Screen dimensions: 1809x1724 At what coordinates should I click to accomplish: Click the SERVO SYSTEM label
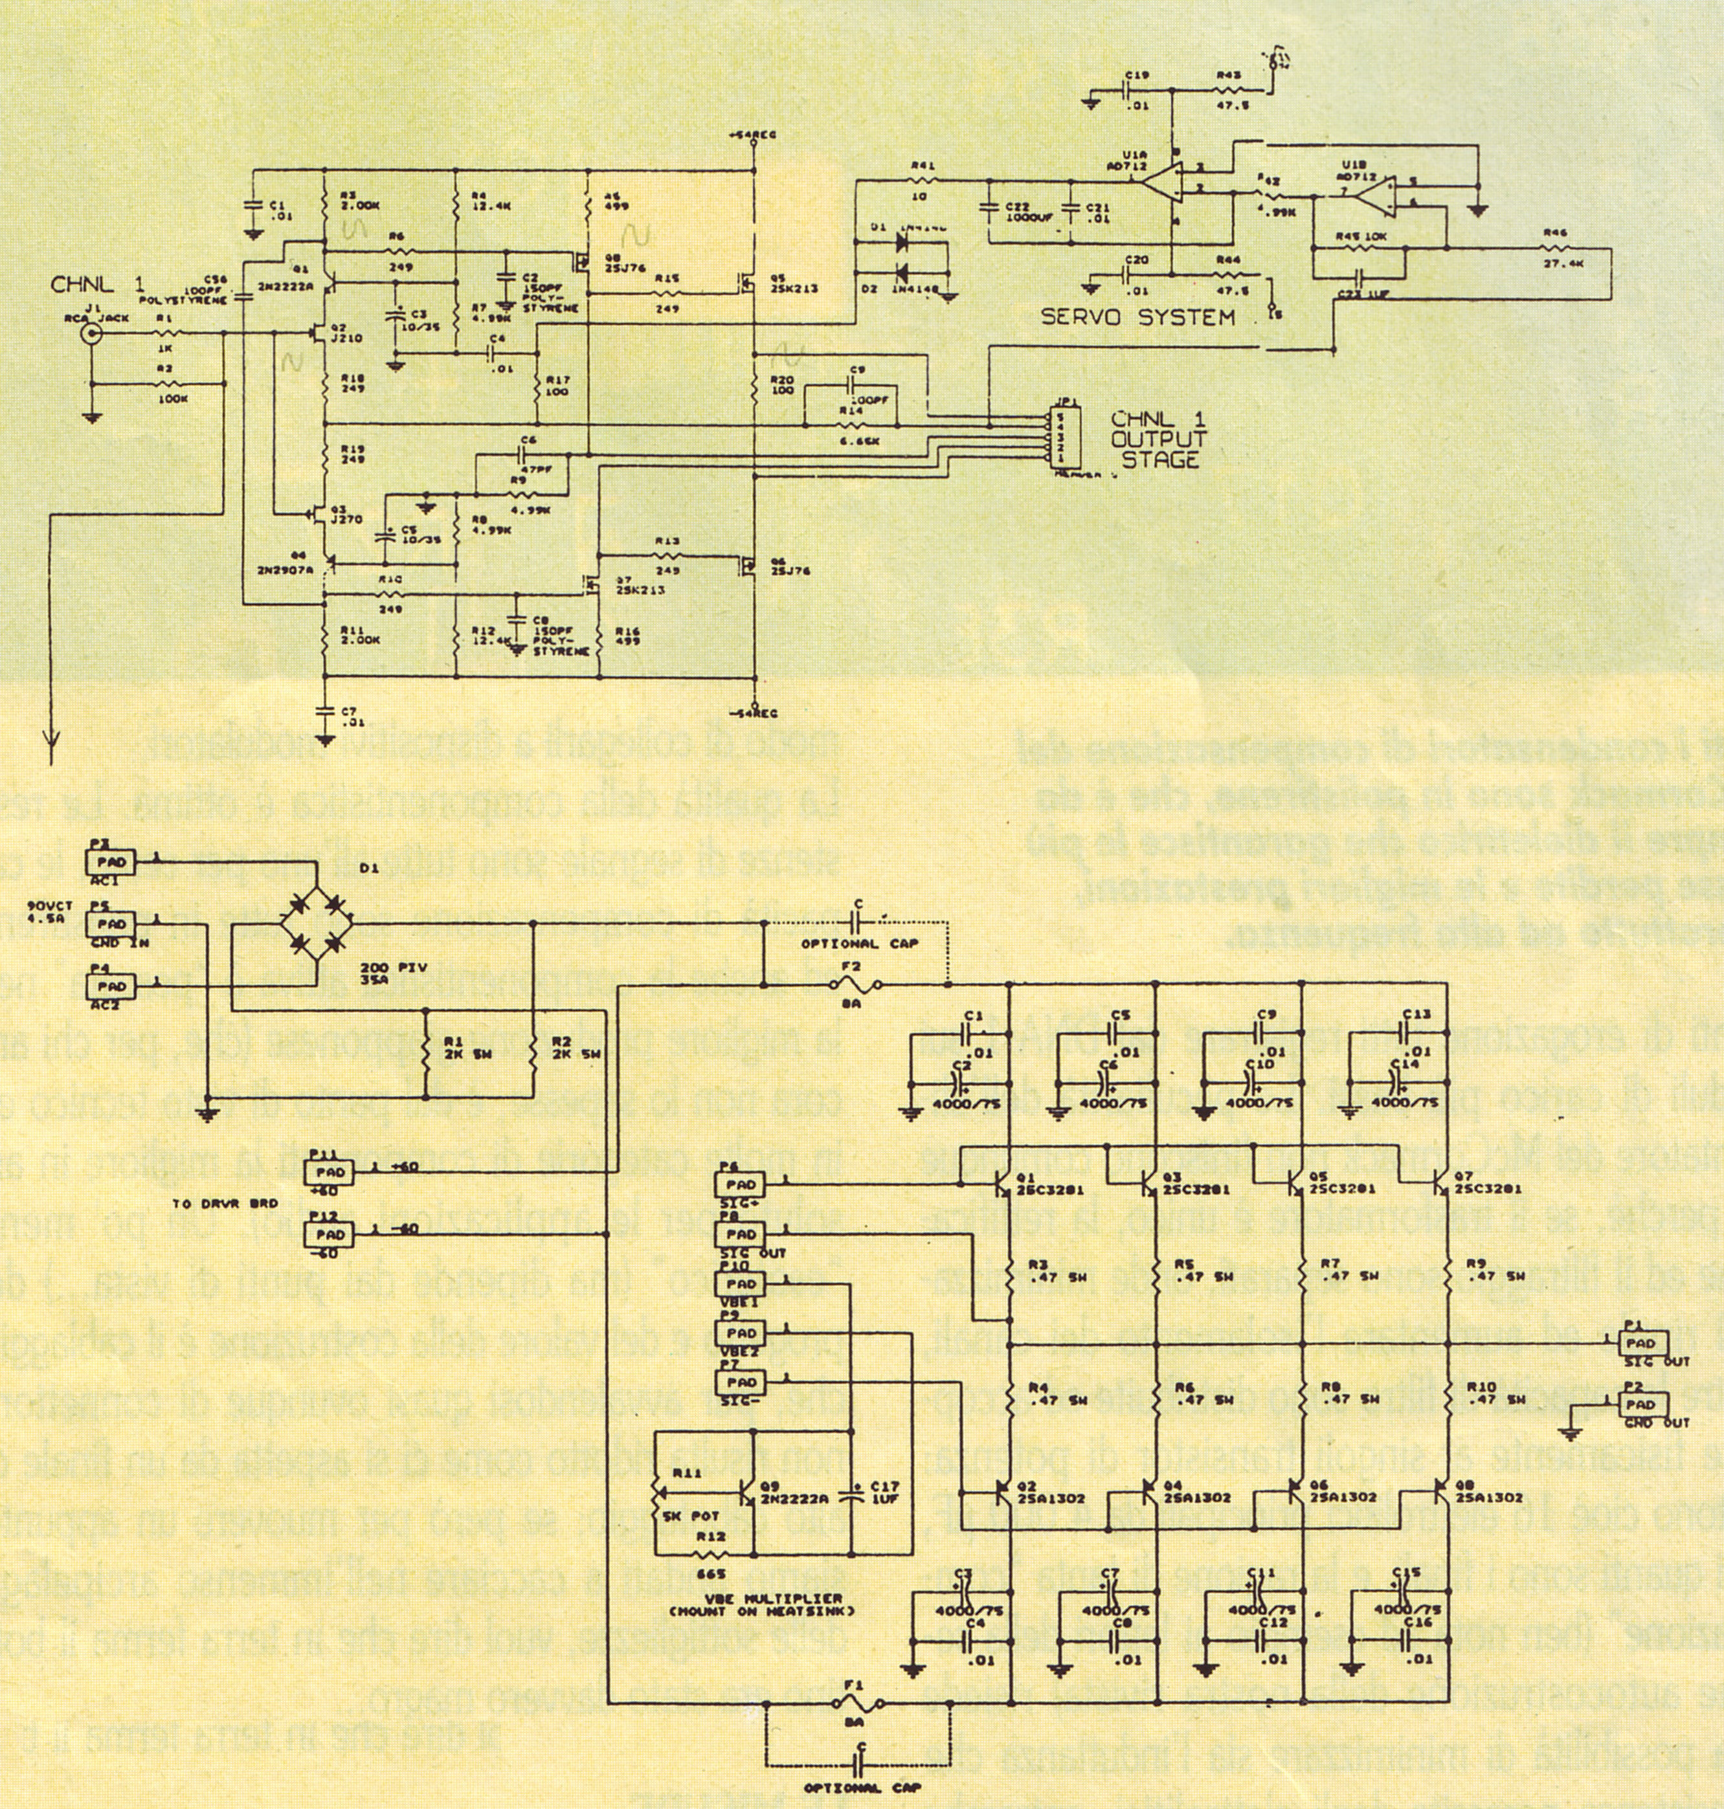(x=1137, y=318)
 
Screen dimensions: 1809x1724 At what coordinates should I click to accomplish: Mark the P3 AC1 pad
(x=109, y=861)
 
